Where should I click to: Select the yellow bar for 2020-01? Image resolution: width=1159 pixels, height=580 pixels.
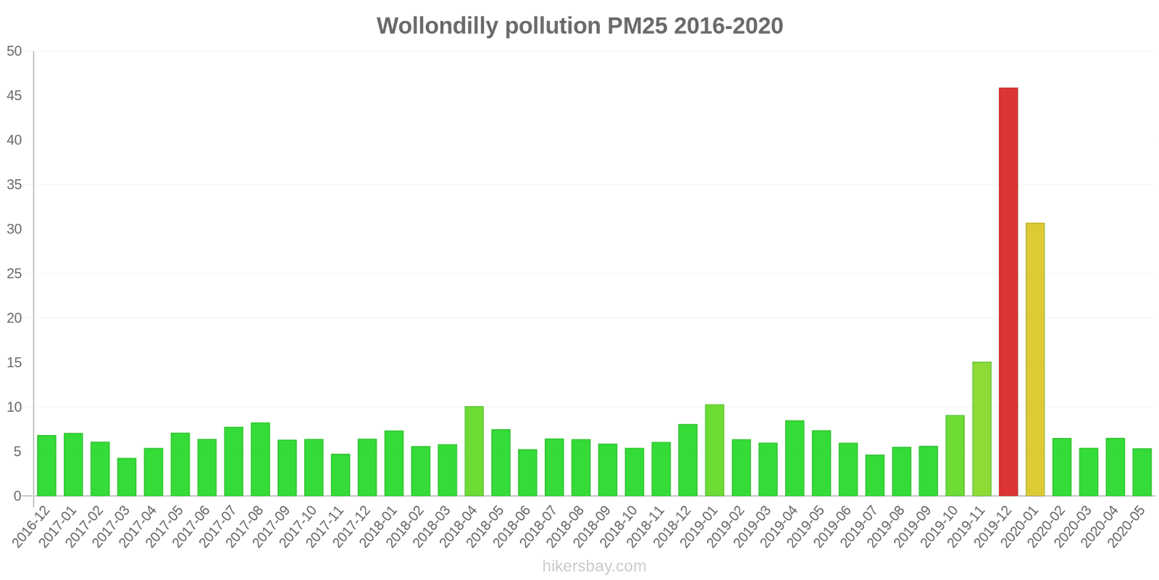pyautogui.click(x=1035, y=359)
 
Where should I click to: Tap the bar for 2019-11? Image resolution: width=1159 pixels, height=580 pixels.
pyautogui.click(x=982, y=428)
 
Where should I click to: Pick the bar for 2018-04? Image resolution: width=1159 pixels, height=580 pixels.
pyautogui.click(x=474, y=451)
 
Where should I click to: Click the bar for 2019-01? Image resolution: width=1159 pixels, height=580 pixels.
pyautogui.click(x=714, y=449)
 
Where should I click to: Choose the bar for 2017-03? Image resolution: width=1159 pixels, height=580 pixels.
pyautogui.click(x=127, y=476)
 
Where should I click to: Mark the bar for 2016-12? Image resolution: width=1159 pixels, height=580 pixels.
pyautogui.click(x=46, y=465)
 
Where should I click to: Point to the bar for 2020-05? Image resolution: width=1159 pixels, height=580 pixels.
pyautogui.click(x=1142, y=472)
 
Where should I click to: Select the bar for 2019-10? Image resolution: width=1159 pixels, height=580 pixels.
pyautogui.click(x=955, y=455)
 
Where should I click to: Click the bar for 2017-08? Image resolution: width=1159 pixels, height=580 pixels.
pyautogui.click(x=260, y=459)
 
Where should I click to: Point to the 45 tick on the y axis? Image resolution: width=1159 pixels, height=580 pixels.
pyautogui.click(x=14, y=96)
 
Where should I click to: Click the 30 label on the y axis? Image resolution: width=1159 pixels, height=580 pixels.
pyautogui.click(x=14, y=229)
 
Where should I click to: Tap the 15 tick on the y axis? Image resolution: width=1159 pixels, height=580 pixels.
pyautogui.click(x=14, y=362)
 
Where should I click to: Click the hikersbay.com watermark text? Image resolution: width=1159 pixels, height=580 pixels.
pyautogui.click(x=594, y=566)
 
